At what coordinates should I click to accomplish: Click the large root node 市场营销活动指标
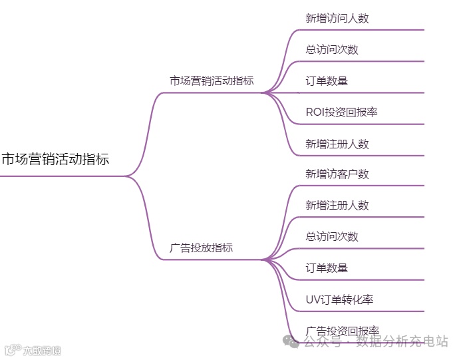tap(55, 160)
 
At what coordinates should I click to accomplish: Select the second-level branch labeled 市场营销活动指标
tap(212, 81)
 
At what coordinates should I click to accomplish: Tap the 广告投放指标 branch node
tap(202, 248)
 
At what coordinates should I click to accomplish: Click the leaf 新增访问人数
tap(337, 19)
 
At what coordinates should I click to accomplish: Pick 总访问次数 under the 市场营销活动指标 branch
tap(331, 50)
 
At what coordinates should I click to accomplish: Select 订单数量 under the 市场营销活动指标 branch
tap(327, 81)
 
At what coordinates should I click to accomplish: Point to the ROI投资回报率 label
tap(341, 112)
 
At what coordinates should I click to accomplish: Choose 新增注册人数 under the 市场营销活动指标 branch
tap(337, 144)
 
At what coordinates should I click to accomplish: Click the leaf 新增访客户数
tap(337, 174)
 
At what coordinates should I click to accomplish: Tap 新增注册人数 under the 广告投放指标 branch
tap(337, 206)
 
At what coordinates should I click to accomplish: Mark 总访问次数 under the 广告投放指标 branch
tap(331, 236)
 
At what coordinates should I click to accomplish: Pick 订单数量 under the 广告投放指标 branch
tap(327, 268)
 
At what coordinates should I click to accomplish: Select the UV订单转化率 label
tap(339, 299)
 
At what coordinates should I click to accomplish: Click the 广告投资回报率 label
tap(342, 331)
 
